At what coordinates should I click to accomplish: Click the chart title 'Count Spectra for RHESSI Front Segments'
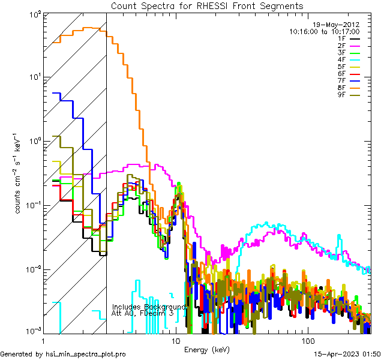coord(207,6)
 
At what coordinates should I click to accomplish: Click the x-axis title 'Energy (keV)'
coord(206,349)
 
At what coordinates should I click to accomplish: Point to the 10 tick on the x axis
coord(176,341)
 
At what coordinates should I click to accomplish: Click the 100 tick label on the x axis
coord(307,341)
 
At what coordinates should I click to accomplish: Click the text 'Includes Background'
coord(149,307)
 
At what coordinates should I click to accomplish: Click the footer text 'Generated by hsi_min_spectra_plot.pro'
coord(63,354)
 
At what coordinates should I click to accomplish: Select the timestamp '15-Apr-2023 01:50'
coord(347,354)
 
